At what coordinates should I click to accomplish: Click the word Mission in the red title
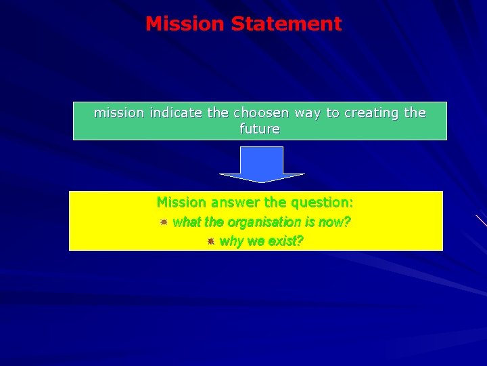(185, 24)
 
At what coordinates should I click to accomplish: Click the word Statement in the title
(286, 24)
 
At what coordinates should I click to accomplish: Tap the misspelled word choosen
(262, 113)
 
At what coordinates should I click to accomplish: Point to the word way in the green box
(308, 113)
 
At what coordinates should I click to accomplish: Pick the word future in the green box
(260, 129)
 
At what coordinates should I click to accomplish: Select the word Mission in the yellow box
(182, 202)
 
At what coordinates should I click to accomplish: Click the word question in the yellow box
(323, 202)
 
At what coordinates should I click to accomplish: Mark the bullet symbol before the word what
(163, 222)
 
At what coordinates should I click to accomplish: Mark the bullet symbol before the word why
(211, 241)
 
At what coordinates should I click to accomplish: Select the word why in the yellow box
(231, 241)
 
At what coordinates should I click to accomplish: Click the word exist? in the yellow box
(286, 241)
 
